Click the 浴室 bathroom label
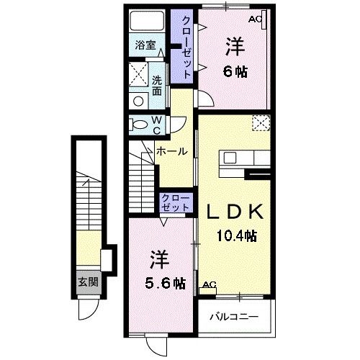145,45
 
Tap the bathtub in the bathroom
147,21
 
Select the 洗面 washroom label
157,86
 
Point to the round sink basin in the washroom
138,101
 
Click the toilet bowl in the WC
140,125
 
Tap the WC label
157,125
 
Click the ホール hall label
172,151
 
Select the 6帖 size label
235,71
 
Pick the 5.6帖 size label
165,284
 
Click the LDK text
235,212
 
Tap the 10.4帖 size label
237,235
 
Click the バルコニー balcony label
234,317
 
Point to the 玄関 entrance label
89,282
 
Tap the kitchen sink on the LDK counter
230,158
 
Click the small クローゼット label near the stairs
176,203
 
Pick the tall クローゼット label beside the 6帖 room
186,47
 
